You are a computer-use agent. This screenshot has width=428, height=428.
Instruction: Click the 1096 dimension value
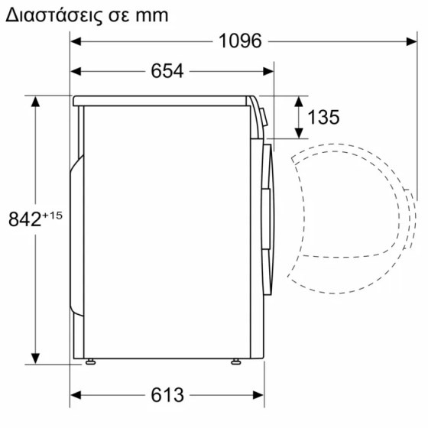[x=240, y=41]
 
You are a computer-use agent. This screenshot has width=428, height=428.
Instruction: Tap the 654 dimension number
[x=167, y=71]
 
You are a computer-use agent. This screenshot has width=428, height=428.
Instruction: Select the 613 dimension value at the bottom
[x=167, y=394]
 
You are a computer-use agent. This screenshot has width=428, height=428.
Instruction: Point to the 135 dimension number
[x=323, y=118]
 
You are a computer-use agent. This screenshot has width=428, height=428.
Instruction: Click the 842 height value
[x=24, y=219]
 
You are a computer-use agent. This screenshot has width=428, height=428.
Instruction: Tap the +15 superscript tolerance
[x=53, y=216]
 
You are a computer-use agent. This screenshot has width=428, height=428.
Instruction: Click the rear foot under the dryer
[x=90, y=362]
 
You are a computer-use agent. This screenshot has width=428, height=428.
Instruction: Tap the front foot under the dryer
[x=236, y=362]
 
